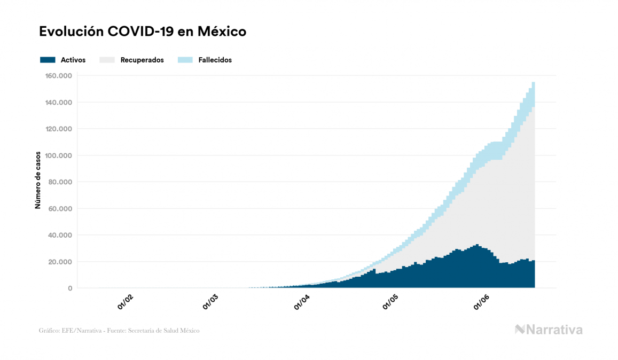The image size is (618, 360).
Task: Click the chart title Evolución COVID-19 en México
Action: click(x=143, y=32)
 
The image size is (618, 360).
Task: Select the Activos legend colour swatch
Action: click(x=48, y=60)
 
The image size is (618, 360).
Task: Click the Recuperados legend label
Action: click(x=142, y=60)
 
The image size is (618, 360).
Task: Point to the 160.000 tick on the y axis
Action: click(x=59, y=76)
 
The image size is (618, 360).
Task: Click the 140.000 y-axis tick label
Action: click(x=59, y=103)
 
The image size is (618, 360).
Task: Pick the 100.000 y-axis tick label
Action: click(x=59, y=155)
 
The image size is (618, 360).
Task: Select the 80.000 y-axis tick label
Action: click(x=60, y=182)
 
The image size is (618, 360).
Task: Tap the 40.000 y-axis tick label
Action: click(x=60, y=235)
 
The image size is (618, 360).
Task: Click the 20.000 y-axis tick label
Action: click(x=60, y=262)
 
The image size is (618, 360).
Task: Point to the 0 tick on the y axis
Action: click(x=70, y=288)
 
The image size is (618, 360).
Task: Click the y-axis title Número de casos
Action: click(x=38, y=182)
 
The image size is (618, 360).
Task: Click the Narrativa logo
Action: click(x=549, y=330)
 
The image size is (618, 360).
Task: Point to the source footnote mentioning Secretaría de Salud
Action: click(x=119, y=331)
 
